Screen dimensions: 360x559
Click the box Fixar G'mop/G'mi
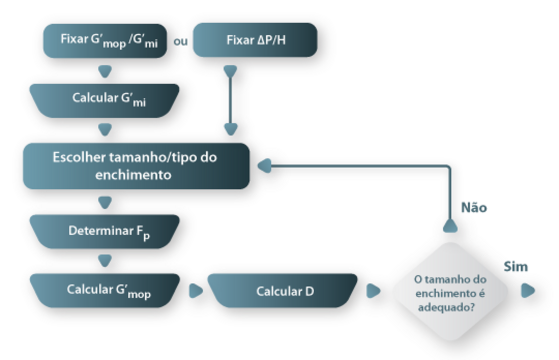point(105,40)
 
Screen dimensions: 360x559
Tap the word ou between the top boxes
point(181,41)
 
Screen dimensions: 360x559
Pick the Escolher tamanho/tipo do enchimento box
point(136,166)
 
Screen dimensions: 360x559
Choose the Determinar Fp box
point(105,232)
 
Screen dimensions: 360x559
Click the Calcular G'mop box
point(105,291)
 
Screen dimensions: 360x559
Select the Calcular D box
point(283,291)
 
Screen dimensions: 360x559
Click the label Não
point(474,207)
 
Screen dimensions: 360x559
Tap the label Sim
point(516,267)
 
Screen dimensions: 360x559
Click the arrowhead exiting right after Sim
point(527,291)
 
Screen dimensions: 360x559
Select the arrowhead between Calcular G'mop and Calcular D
point(196,291)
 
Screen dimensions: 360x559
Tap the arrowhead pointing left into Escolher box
point(264,166)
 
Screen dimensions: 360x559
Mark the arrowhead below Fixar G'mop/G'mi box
point(105,71)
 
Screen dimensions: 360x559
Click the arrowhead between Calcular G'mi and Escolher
point(105,129)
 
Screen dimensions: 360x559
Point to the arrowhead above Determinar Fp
point(105,202)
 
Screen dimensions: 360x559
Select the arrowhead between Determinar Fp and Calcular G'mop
point(105,261)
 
